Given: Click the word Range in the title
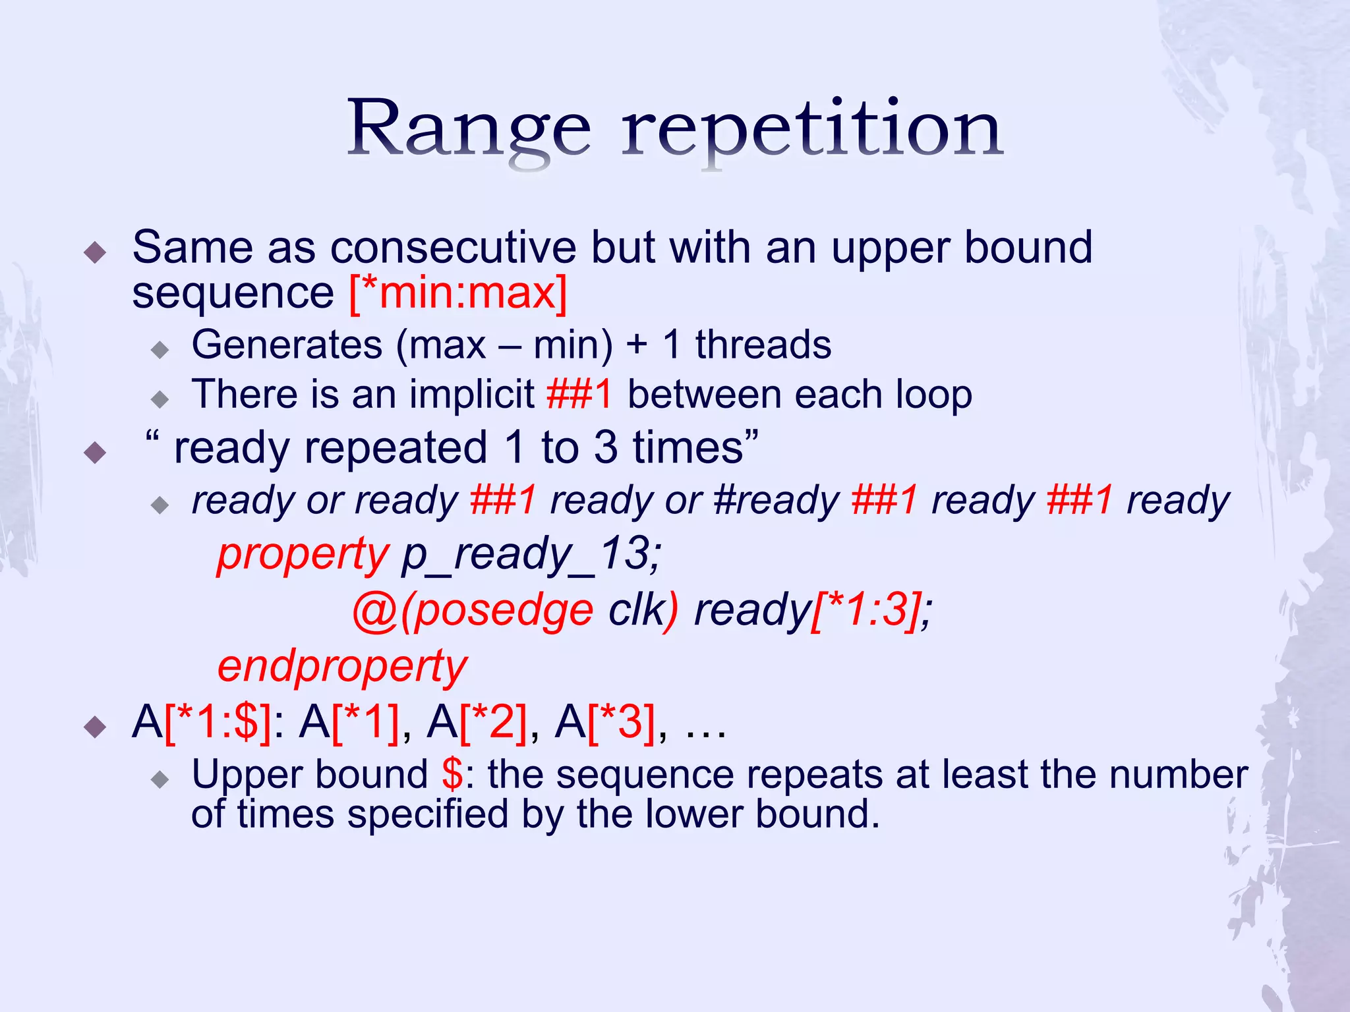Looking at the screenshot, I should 469,129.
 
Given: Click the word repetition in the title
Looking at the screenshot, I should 812,129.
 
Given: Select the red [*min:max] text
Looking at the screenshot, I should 458,293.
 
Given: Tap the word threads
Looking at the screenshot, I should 763,345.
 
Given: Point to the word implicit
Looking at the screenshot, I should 471,395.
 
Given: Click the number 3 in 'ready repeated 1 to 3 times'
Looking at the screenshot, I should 605,448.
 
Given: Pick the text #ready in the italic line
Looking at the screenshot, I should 777,500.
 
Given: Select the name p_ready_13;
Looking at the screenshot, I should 531,553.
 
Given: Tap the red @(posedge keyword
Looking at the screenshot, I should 472,610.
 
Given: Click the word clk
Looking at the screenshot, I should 635,610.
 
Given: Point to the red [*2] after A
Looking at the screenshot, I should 494,722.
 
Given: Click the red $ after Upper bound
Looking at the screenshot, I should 452,774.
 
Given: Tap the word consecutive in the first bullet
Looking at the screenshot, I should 453,248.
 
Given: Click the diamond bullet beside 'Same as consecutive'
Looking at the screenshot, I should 96,252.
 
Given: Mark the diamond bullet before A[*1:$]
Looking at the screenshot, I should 96,727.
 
